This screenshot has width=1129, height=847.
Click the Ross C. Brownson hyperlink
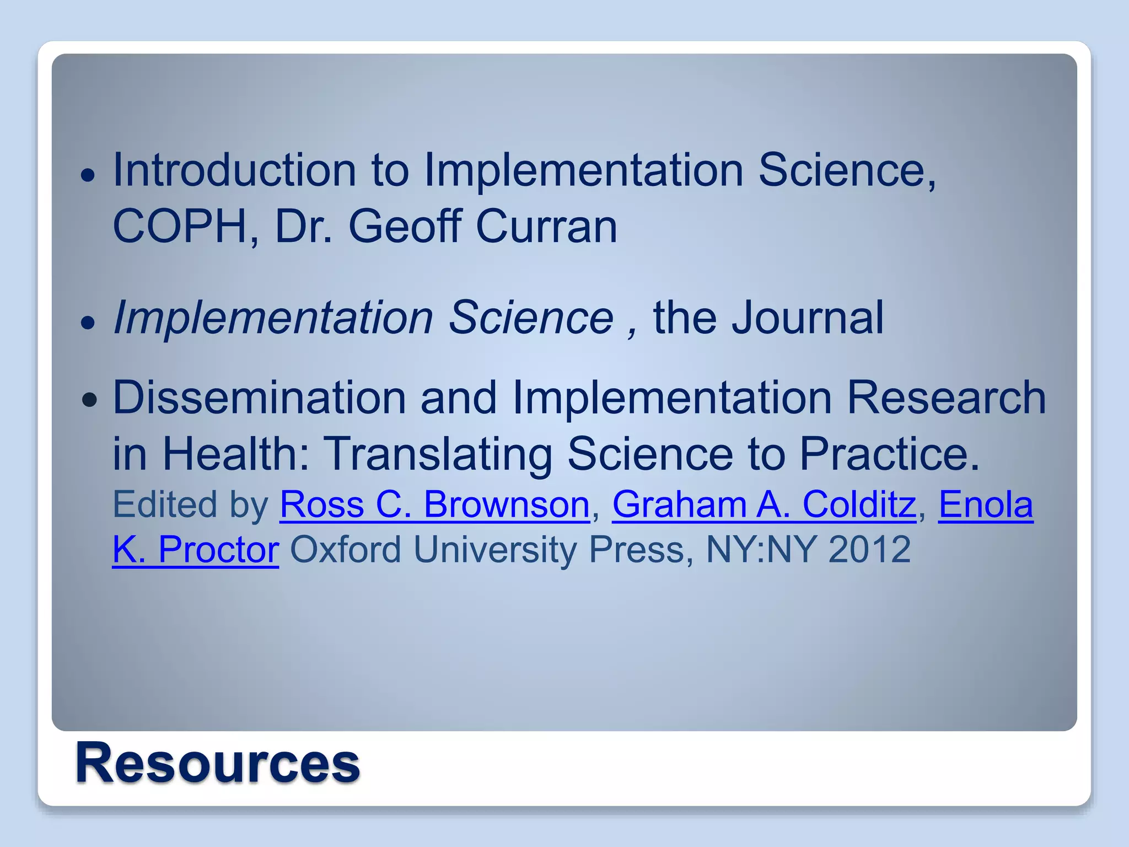tap(434, 505)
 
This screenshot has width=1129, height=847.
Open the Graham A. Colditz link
tap(764, 505)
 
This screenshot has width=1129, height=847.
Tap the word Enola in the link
tap(985, 505)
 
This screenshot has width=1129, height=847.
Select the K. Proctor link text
tap(196, 550)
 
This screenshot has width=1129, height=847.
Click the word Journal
tap(807, 318)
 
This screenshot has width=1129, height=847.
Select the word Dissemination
tap(259, 398)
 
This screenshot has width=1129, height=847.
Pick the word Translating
tap(437, 454)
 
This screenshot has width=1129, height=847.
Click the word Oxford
tap(346, 550)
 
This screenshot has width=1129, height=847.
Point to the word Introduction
tap(235, 170)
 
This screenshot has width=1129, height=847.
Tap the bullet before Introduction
tap(88, 176)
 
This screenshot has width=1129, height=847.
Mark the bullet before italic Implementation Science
tap(88, 322)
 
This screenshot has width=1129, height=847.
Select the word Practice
tap(889, 454)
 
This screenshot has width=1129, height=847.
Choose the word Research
tap(946, 398)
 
